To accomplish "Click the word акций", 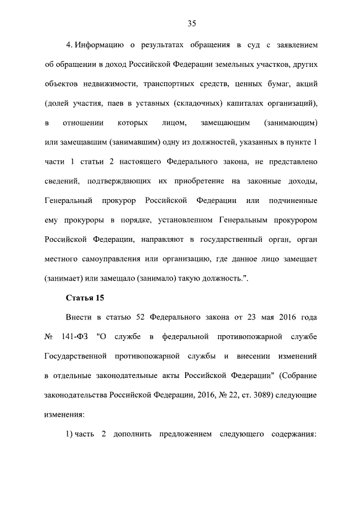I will pos(307,83).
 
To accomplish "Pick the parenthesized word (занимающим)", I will pos(291,123).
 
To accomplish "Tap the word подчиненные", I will pos(290,201).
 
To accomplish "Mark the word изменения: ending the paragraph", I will pos(64,415).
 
